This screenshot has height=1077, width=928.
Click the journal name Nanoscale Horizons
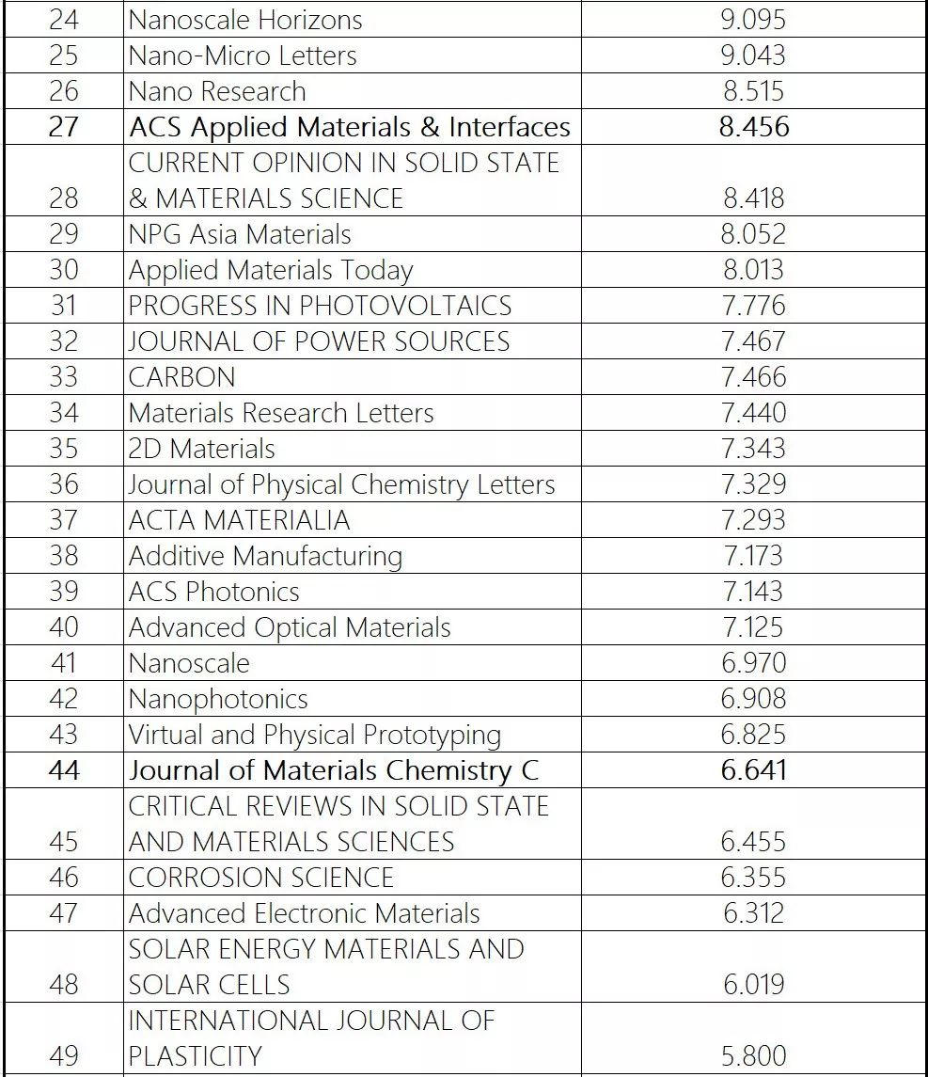coord(245,20)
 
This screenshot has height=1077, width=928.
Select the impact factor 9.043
coord(752,55)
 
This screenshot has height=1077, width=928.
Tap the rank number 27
coord(63,127)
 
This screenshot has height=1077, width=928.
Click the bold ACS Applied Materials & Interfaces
coord(350,127)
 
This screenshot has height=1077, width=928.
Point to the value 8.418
coord(752,198)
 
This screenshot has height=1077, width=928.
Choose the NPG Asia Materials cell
coord(240,234)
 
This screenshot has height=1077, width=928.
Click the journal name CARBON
coord(182,377)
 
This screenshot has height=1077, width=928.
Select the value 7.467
coord(752,341)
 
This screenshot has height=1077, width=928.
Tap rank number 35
coord(63,449)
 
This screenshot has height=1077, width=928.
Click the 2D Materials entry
coord(202,449)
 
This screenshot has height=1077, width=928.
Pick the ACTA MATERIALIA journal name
coord(239,520)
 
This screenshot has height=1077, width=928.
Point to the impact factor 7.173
coord(752,556)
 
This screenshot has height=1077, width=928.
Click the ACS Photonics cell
coord(214,592)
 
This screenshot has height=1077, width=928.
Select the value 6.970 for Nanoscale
coord(752,663)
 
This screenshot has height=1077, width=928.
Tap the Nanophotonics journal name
coord(218,699)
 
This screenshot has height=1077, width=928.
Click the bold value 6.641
coord(752,770)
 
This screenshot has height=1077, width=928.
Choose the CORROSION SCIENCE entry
coord(261,878)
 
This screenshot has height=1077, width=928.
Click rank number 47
coord(63,913)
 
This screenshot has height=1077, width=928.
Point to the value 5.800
coord(752,1056)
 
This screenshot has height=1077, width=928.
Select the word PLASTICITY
coord(195,1056)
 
